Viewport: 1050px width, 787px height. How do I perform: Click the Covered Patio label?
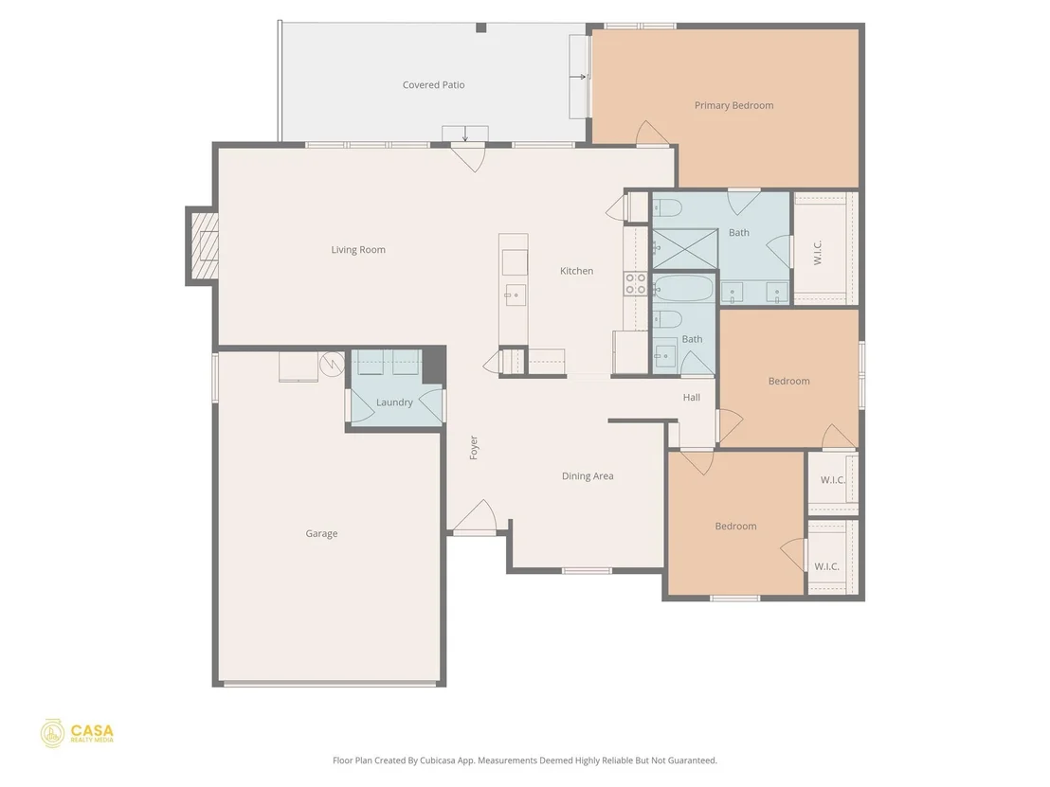pos(433,85)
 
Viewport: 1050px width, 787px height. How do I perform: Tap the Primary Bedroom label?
pos(733,105)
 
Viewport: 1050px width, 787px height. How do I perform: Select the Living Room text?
pos(358,250)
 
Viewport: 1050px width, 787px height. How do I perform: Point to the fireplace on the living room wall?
pos(203,245)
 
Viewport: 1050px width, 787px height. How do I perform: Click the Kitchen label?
pos(576,270)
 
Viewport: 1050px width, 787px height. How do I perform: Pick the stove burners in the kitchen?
pos(636,284)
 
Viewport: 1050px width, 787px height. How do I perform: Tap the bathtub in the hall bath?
pos(684,289)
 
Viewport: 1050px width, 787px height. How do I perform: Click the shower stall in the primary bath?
pos(685,248)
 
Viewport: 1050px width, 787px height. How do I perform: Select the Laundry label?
pos(394,402)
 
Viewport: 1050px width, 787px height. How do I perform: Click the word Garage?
pos(321,533)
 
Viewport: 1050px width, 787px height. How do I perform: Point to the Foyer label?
pos(474,448)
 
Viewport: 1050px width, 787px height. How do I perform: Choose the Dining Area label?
pos(588,475)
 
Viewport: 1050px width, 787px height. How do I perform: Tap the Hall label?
pos(692,397)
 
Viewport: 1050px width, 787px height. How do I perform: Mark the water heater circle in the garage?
pos(332,364)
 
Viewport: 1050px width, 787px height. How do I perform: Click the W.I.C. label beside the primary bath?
pos(818,252)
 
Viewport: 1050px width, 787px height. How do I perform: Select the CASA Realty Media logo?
pos(77,734)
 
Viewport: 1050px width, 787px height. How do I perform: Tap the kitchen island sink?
pos(516,295)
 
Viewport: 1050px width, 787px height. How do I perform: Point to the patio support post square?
pos(480,27)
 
